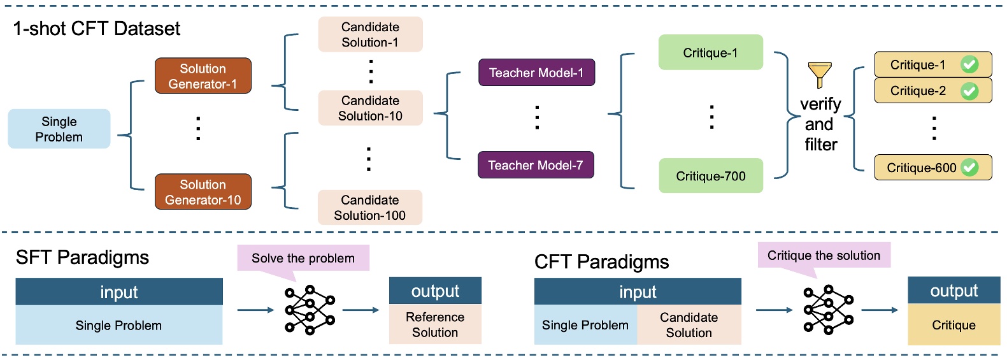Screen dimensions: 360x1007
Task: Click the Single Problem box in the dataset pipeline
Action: point(59,129)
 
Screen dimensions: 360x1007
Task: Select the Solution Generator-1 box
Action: point(203,76)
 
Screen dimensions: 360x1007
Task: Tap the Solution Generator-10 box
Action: point(203,192)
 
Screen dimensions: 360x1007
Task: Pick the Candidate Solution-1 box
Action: point(370,34)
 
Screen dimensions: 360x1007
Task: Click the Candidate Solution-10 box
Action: point(370,108)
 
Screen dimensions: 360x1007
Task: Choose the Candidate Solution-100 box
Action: point(370,207)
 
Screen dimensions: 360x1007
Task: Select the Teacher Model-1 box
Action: point(536,73)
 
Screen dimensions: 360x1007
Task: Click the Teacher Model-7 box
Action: point(536,165)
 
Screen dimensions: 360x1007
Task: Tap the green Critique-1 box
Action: point(710,52)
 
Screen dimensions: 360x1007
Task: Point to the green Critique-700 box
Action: point(710,176)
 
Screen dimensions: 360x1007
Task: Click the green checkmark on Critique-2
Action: point(969,91)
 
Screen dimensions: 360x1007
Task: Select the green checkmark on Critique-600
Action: point(969,168)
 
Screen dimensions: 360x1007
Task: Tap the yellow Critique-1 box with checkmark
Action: point(932,64)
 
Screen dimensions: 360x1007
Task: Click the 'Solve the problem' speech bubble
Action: point(303,258)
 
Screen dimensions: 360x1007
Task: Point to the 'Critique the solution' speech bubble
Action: point(824,256)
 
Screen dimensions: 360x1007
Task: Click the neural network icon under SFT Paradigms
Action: point(310,310)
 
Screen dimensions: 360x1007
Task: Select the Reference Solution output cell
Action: point(435,324)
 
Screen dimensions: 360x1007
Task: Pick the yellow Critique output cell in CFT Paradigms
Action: point(953,325)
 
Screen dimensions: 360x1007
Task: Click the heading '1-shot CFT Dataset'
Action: point(97,29)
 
